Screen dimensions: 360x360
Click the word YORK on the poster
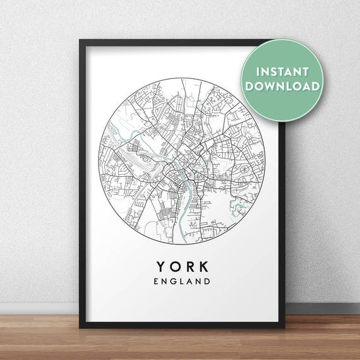[181, 261]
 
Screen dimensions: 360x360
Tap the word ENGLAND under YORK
[181, 278]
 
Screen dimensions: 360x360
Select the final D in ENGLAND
[207, 278]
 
